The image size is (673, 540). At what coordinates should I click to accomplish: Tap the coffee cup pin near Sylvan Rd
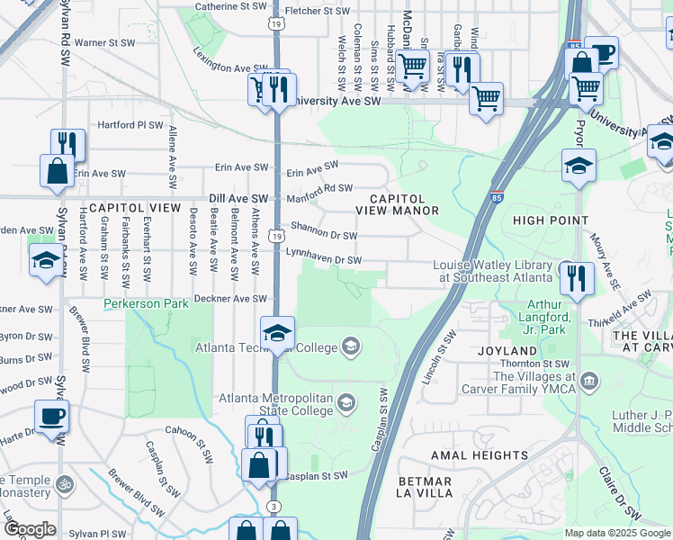click(50, 416)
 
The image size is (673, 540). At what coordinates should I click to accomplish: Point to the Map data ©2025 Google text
click(616, 533)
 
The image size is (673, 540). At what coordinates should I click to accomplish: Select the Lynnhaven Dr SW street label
click(323, 260)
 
